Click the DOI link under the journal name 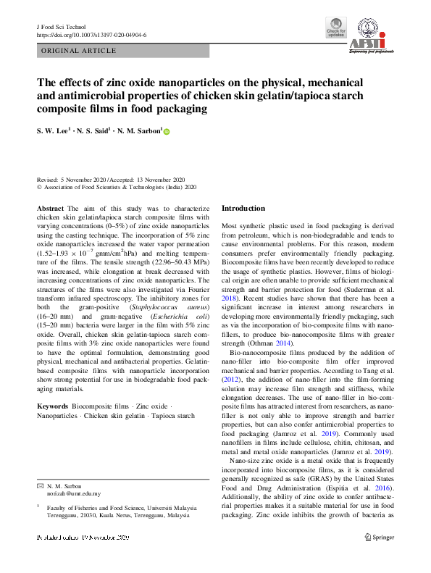coord(91,35)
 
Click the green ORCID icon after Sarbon coord(166,132)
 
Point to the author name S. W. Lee coord(54,131)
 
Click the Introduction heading coord(243,209)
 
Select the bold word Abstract coord(50,209)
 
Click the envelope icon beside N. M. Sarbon coord(41,485)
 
